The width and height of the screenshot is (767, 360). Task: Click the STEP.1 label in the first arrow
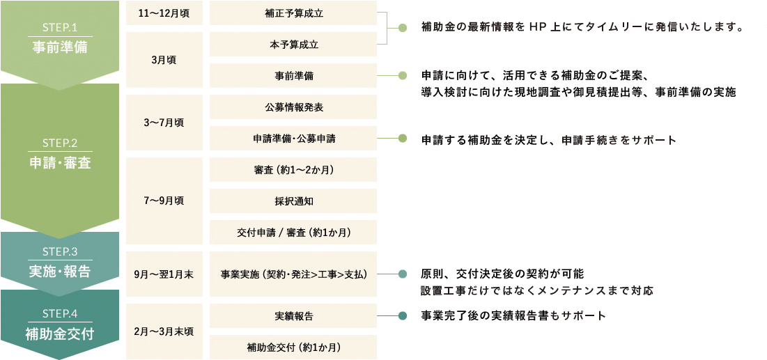tap(60, 28)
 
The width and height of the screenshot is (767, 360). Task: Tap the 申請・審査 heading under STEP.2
tap(60, 163)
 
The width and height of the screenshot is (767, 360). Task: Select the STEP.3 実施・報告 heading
tap(60, 272)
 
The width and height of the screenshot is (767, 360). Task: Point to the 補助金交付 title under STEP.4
tap(60, 334)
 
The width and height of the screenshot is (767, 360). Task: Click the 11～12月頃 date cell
tap(164, 13)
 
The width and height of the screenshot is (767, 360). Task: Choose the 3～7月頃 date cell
tap(164, 123)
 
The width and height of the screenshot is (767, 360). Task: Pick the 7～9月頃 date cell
tap(164, 201)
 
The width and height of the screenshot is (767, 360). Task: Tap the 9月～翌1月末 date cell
tap(164, 274)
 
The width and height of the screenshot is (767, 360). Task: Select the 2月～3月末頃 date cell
tap(164, 331)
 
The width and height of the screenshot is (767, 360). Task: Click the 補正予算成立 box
tap(293, 13)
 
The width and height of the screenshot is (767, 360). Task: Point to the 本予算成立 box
tap(293, 44)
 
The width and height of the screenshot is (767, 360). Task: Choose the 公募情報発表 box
tap(293, 107)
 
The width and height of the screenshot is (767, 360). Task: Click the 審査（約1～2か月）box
tap(293, 169)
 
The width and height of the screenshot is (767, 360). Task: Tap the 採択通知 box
tap(293, 201)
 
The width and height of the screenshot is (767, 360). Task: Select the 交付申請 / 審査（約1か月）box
tap(293, 232)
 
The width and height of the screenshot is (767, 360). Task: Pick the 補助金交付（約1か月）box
tap(293, 347)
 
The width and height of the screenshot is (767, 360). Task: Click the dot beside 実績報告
tap(403, 316)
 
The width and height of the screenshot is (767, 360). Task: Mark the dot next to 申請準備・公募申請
tap(403, 139)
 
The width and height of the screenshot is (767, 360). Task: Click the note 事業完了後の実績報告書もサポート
tap(513, 316)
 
